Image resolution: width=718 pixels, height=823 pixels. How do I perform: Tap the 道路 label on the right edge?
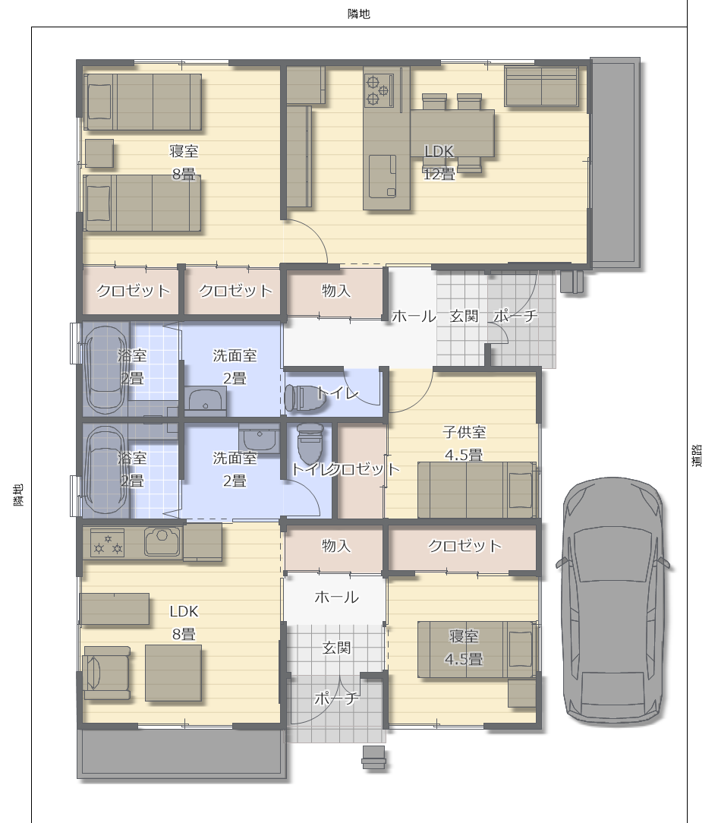coord(697,456)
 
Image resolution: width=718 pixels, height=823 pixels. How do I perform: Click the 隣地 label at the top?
coord(359,14)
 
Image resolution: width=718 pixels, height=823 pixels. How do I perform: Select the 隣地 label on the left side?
coord(18,495)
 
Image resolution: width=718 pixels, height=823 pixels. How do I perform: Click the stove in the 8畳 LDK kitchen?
coord(108,543)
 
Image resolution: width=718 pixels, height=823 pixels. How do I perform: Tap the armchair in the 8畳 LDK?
coord(106,673)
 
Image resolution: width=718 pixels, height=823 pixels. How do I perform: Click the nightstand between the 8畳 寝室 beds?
coord(99,153)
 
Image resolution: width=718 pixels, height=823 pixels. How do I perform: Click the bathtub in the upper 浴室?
coord(105,370)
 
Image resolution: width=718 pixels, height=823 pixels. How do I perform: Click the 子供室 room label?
coord(464,433)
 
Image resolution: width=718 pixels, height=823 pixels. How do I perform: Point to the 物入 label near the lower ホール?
coord(336,546)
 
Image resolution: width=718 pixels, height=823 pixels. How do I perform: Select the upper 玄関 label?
coord(464,316)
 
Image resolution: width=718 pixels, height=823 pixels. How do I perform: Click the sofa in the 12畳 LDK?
coord(542,87)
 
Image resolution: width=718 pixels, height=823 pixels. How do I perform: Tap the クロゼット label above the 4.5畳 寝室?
coord(464,546)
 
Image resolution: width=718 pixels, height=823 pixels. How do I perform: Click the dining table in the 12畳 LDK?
coord(452,134)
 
